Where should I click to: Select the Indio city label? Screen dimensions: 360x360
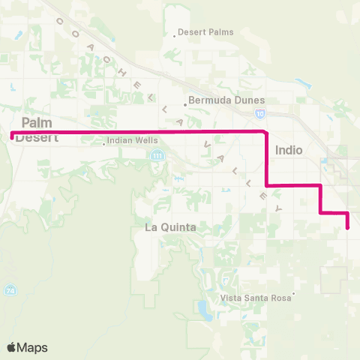tap(289, 150)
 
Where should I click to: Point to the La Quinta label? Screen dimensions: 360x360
tap(170, 227)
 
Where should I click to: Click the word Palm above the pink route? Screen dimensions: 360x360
tap(36, 122)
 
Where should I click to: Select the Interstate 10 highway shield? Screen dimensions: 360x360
tap(259, 113)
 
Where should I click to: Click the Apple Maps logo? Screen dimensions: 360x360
tap(27, 347)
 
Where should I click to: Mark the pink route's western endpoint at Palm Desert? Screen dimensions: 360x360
tap(11, 136)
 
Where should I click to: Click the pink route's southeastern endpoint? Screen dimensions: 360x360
tap(348, 228)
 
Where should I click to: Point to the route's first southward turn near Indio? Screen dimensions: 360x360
tap(266, 133)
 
